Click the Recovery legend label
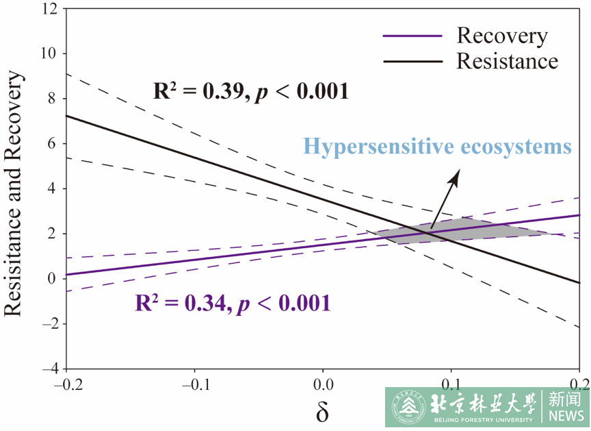[x=502, y=36]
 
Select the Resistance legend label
[x=507, y=61]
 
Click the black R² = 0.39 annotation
[x=250, y=91]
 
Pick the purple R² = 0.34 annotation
[x=233, y=302]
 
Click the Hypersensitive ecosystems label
[x=437, y=147]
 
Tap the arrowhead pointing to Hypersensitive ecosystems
[x=454, y=176]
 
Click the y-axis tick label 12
[x=49, y=9]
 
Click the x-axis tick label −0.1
[x=194, y=382]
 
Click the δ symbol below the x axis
[x=322, y=412]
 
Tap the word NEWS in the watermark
[x=566, y=415]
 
